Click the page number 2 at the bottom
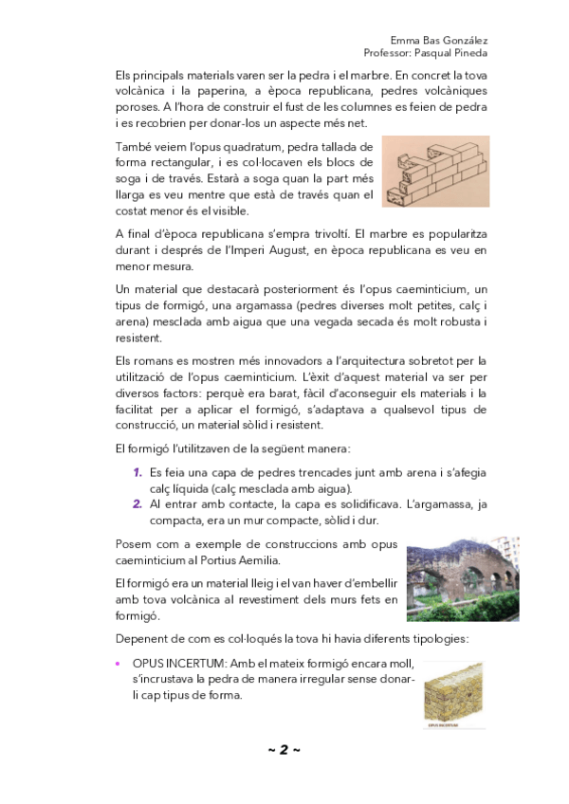(284, 750)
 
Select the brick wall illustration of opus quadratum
(435, 171)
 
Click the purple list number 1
(138, 472)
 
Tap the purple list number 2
(138, 505)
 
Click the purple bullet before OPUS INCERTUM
(118, 664)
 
